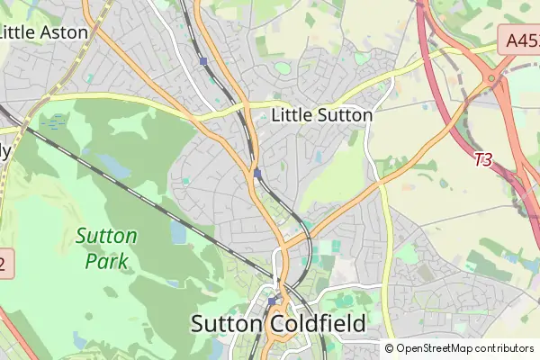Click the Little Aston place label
pos(44,32)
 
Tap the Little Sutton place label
pos(321,115)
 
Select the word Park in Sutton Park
pos(107,261)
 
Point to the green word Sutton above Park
pos(107,237)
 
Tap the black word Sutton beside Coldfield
pos(224,324)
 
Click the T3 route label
pos(483,159)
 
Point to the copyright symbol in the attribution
pos(389,348)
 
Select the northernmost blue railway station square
pos(204,61)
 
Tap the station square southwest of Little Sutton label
pos(257,173)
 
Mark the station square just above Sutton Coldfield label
pos(272,301)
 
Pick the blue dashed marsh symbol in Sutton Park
pos(54,121)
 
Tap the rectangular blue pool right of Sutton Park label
pos(177,232)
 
